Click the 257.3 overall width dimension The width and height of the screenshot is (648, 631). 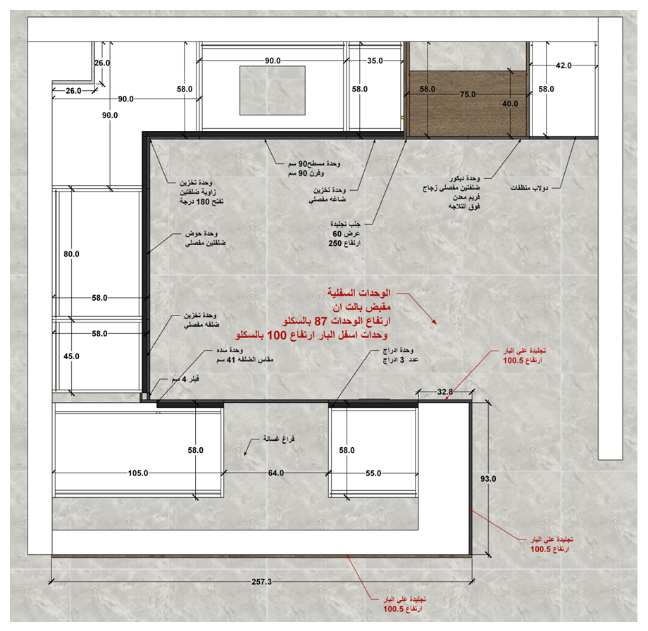(261, 582)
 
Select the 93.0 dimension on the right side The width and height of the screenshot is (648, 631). (488, 479)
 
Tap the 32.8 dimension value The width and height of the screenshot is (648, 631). (445, 392)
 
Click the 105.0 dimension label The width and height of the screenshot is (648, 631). (138, 473)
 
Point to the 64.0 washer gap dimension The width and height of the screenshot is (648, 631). (276, 473)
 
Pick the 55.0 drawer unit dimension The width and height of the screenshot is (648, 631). (373, 473)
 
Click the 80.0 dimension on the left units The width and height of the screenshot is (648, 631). (72, 254)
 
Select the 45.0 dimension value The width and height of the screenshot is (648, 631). (72, 356)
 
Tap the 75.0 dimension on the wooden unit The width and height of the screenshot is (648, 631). (468, 94)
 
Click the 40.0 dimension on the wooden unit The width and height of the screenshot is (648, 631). (510, 104)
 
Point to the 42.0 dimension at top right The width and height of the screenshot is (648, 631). (563, 65)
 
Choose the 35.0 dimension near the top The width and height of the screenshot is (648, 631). (375, 61)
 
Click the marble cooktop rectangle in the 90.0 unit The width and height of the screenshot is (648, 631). (273, 91)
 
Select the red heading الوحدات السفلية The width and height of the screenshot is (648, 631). (359, 293)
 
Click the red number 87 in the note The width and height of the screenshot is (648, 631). (320, 321)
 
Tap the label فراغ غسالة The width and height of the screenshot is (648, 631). (279, 439)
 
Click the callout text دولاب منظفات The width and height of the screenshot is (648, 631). (529, 188)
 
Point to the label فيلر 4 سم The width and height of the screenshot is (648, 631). (185, 379)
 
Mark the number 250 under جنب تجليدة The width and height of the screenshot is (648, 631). (335, 244)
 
